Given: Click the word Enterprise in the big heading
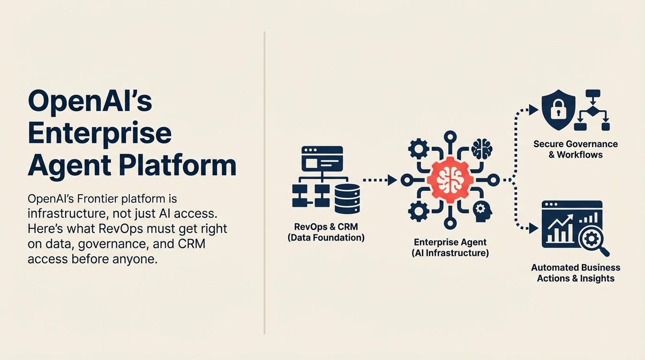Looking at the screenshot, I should click(99, 133).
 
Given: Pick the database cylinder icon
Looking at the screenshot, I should click(347, 198).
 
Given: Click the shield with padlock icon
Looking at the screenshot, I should click(558, 111).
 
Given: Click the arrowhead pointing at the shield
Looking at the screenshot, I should click(533, 110).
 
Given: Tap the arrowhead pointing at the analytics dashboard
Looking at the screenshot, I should click(533, 228).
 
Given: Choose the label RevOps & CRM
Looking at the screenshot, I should click(326, 227).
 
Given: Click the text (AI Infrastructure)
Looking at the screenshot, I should click(450, 253).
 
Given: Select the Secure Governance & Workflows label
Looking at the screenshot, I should click(575, 149).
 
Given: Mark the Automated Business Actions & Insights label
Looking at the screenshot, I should click(575, 273).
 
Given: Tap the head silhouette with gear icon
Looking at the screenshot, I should click(481, 210).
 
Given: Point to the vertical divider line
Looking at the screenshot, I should click(264, 183).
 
